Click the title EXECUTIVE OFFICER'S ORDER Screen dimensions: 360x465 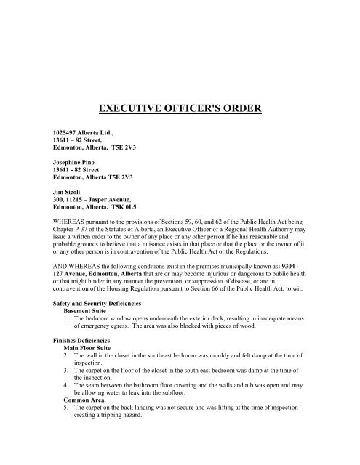[x=180, y=110]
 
